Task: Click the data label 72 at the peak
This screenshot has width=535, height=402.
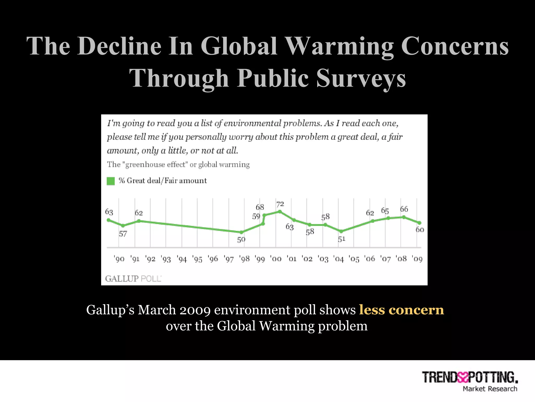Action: click(280, 204)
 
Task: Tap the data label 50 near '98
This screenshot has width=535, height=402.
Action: click(241, 239)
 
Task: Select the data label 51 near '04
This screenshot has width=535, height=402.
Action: click(341, 239)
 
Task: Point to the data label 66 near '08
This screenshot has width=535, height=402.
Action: click(404, 209)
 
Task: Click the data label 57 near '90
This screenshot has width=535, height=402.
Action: click(123, 234)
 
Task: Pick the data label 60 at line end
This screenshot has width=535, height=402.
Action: click(420, 230)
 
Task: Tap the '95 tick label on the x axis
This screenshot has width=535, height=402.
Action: click(197, 259)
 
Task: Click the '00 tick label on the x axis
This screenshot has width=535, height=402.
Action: click(276, 259)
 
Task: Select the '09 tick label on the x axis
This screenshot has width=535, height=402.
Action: click(417, 259)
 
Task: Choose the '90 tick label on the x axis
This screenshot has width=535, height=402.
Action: click(119, 259)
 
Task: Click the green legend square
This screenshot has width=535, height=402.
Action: click(111, 181)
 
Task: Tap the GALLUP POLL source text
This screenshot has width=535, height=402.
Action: click(133, 279)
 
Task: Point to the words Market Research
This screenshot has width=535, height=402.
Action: click(490, 389)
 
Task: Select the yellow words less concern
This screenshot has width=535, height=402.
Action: click(401, 310)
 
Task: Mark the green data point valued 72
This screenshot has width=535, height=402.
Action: click(280, 211)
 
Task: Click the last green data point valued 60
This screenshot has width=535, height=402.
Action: click(419, 223)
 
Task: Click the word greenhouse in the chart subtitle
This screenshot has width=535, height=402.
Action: click(145, 165)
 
